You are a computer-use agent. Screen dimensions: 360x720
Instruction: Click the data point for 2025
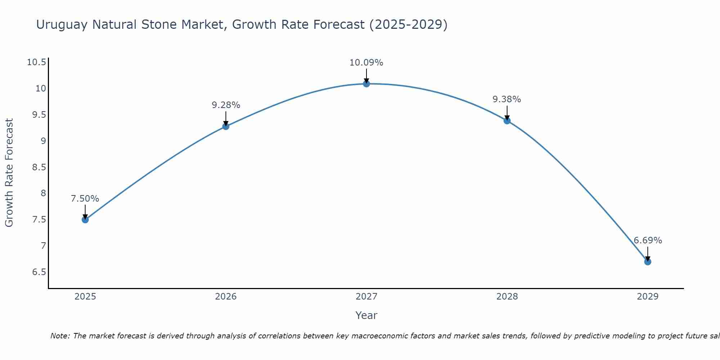pyautogui.click(x=85, y=220)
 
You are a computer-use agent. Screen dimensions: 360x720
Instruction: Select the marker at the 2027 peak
pyautogui.click(x=366, y=84)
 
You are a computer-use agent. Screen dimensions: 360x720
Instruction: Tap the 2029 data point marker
pyautogui.click(x=648, y=262)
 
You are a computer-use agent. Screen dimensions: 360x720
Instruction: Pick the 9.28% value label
pyautogui.click(x=226, y=105)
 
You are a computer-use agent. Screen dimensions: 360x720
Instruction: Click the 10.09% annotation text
pyautogui.click(x=366, y=63)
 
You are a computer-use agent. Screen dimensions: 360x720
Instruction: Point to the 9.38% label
pyautogui.click(x=507, y=99)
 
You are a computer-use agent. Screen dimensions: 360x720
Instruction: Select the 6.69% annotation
pyautogui.click(x=648, y=240)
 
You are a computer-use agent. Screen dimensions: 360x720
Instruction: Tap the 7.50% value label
pyautogui.click(x=85, y=199)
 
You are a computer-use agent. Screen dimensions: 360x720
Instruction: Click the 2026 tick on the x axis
pyautogui.click(x=226, y=297)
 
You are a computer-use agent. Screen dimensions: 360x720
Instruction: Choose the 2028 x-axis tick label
pyautogui.click(x=507, y=297)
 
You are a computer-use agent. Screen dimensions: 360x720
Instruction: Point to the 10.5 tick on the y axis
pyautogui.click(x=37, y=62)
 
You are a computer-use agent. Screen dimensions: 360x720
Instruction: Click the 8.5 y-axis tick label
pyautogui.click(x=39, y=167)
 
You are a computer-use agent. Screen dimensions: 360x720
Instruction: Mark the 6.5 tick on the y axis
pyautogui.click(x=39, y=272)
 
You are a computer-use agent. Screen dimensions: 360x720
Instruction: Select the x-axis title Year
pyautogui.click(x=366, y=315)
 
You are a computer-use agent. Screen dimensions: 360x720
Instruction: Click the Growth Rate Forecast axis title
pyautogui.click(x=9, y=173)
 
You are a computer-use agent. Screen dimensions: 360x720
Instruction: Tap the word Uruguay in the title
pyautogui.click(x=62, y=25)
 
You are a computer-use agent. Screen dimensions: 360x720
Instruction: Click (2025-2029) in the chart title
pyautogui.click(x=408, y=25)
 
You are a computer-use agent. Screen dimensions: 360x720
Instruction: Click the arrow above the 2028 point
pyautogui.click(x=507, y=112)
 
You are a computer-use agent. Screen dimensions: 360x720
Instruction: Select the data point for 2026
pyautogui.click(x=226, y=126)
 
